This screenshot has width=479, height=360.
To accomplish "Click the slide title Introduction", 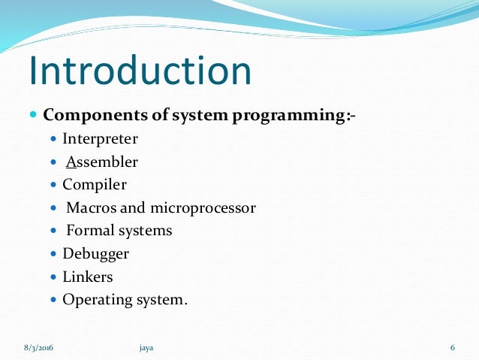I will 140,70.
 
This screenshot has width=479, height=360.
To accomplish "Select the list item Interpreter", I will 100,139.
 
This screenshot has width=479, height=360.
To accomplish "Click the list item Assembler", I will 100,162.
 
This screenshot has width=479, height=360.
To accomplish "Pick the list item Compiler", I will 95,184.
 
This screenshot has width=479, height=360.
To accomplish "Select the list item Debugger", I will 95,254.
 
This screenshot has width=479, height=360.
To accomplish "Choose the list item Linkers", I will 88,277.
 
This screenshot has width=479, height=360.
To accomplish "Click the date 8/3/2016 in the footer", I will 38,347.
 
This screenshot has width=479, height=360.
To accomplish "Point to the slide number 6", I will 453,347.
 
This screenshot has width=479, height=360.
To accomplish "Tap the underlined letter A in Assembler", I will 71,162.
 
